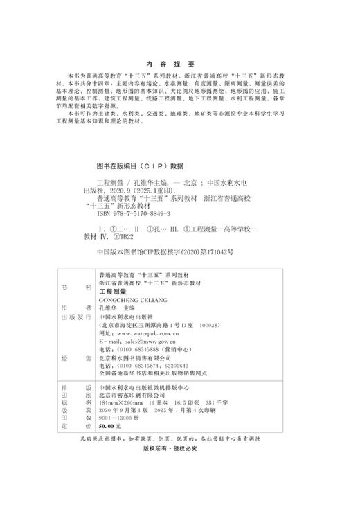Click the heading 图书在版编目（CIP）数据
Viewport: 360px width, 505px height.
point(138,166)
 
